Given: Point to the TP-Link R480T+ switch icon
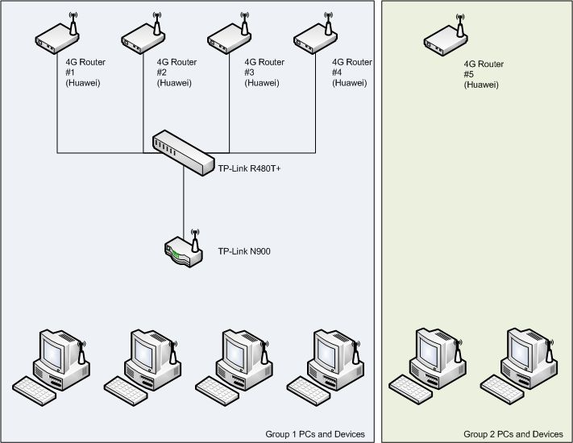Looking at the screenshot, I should tap(182, 151).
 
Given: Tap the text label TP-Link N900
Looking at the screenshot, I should tap(244, 252).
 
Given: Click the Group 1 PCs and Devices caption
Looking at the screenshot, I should tap(315, 434).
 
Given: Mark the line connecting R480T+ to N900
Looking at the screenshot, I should tap(184, 201).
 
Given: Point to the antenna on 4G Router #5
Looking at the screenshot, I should tap(460, 23).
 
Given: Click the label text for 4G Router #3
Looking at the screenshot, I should tap(264, 72).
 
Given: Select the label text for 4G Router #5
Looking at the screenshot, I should tap(484, 72).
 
